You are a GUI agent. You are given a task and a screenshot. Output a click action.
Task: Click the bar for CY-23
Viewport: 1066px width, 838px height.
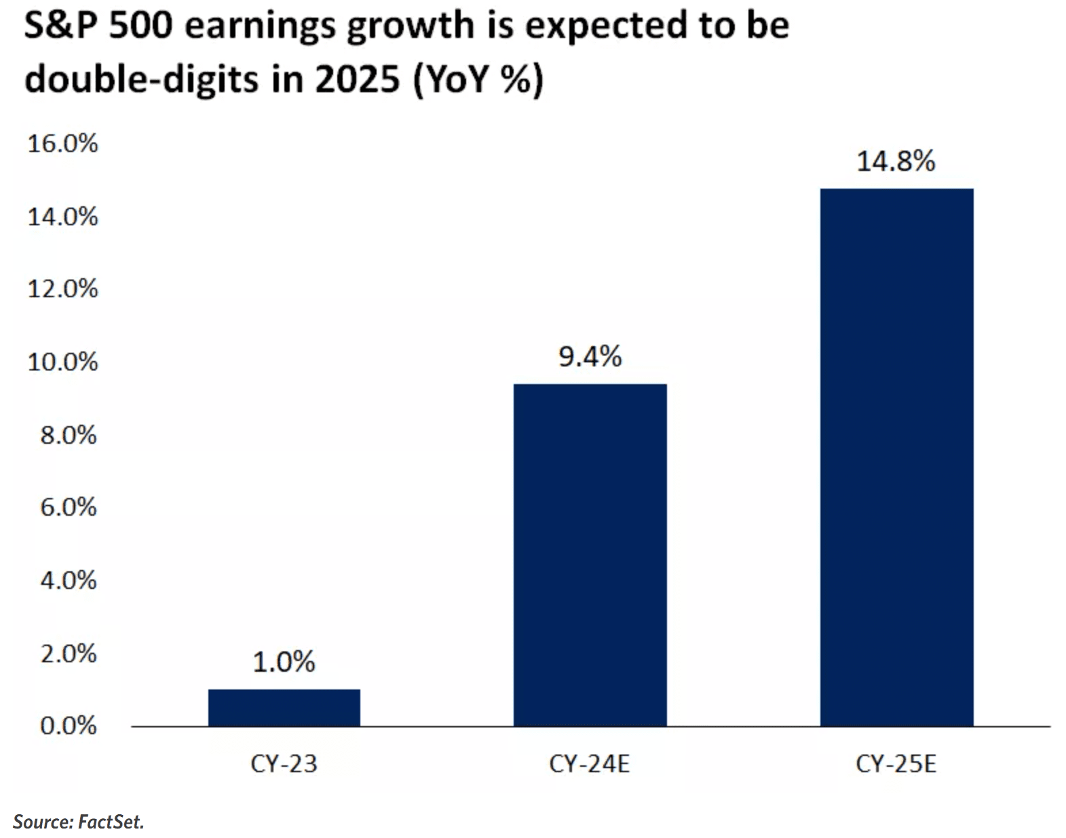tap(284, 708)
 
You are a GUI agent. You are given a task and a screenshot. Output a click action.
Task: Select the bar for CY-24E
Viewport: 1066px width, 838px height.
tap(590, 555)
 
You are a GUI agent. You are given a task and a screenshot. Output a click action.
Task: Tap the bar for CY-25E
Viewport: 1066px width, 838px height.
tap(896, 457)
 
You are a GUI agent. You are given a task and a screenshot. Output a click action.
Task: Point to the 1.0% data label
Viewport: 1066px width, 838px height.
tap(284, 662)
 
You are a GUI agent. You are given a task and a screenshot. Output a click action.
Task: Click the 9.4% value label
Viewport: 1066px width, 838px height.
tap(590, 357)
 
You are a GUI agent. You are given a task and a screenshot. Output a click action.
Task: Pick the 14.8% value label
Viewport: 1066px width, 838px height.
tap(896, 161)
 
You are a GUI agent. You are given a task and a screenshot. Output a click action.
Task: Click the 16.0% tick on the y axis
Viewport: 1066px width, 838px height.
tap(63, 144)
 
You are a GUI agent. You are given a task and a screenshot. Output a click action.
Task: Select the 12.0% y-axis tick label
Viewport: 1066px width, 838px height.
tap(63, 289)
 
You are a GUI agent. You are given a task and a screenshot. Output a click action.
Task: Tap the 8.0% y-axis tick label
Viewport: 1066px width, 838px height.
tap(69, 436)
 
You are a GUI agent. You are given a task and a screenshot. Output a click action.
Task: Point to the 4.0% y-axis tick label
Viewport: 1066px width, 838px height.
tap(69, 580)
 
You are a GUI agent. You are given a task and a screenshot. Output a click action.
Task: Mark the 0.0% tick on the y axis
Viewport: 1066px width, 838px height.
tap(69, 726)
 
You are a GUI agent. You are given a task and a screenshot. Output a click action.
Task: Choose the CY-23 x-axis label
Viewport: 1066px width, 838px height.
tap(284, 764)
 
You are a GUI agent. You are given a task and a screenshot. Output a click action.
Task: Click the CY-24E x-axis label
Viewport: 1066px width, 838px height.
tap(590, 764)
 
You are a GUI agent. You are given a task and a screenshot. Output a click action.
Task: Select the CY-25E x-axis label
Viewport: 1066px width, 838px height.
tap(896, 764)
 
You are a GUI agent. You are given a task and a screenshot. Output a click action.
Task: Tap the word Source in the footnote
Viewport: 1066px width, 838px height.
tap(43, 822)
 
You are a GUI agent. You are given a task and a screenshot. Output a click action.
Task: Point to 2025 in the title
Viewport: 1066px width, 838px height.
tap(357, 79)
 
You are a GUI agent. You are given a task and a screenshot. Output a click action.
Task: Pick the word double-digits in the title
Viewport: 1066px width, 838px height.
tap(142, 79)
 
